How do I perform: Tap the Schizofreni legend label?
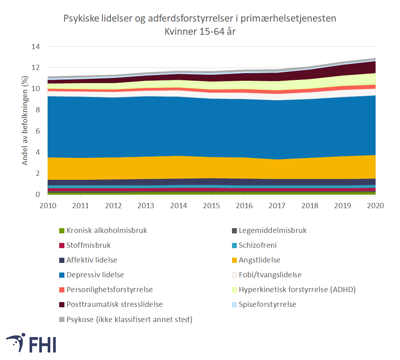pos(258,245)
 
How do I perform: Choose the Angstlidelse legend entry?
pos(259,260)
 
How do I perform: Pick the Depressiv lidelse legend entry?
pos(95,275)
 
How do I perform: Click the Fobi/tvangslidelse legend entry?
pos(270,275)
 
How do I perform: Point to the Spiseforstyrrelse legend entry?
pos(267,304)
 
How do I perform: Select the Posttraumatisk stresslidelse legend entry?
pos(114,304)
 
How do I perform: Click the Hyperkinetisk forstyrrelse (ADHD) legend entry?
pos(297,290)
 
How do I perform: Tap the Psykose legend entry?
pos(129,319)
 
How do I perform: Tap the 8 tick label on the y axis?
pos(38,110)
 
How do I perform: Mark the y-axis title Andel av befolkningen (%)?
pos(25,121)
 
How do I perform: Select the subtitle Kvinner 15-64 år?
pos(200,32)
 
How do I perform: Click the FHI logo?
pos(31,343)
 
